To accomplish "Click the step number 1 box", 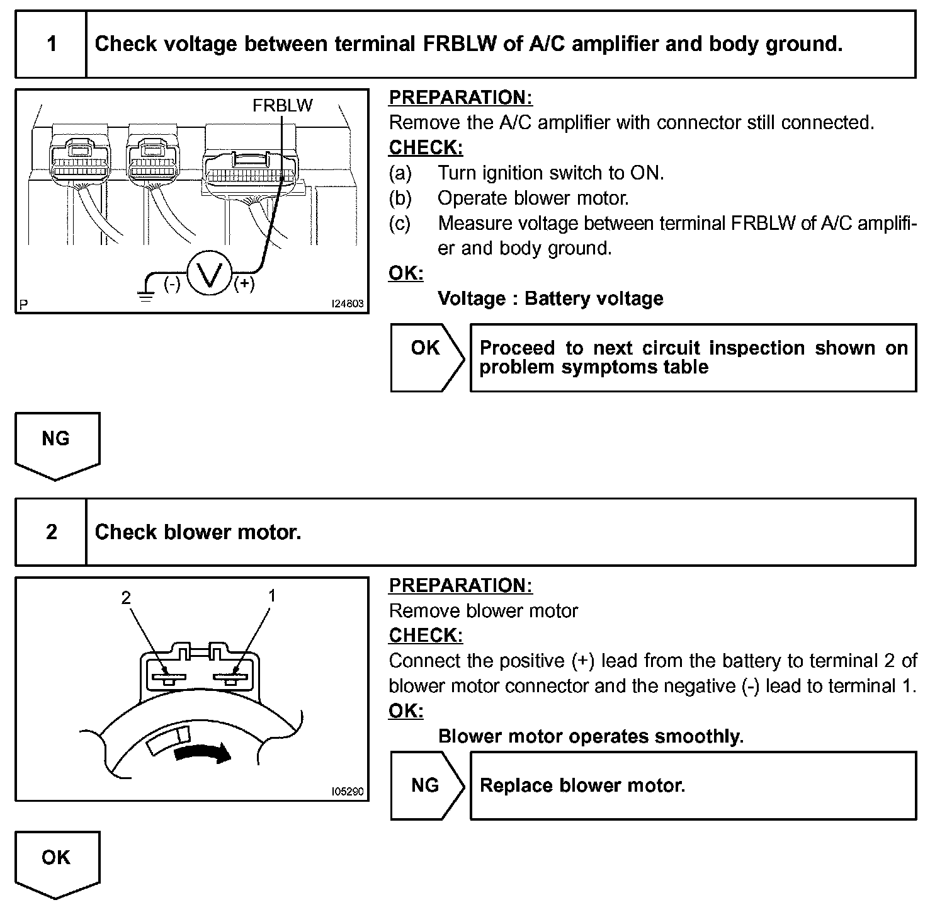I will [x=51, y=44].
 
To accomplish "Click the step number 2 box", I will [x=51, y=532].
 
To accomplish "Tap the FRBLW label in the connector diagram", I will [x=282, y=105].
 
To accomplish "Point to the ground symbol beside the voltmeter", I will [x=147, y=294].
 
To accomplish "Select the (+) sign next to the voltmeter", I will [x=244, y=284].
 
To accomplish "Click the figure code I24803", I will [x=348, y=304].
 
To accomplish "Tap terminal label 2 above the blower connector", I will [x=127, y=597].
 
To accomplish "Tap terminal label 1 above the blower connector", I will [x=272, y=595].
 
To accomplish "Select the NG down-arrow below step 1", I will [x=57, y=445].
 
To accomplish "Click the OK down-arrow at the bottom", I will [x=57, y=864].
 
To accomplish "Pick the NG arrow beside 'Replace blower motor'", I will [x=427, y=785].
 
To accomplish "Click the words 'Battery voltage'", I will [x=594, y=299].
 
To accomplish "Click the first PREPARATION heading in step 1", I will [x=460, y=98].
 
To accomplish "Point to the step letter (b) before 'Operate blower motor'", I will [x=400, y=198].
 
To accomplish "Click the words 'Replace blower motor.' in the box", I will [x=582, y=785].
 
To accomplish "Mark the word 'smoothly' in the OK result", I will [x=700, y=736].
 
